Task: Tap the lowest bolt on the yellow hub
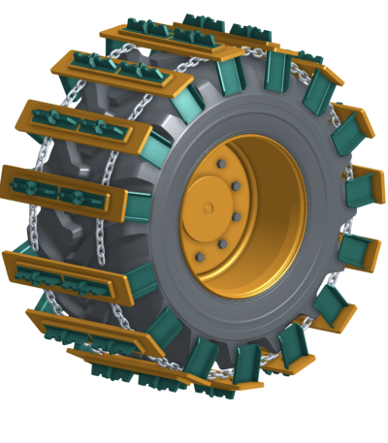200,258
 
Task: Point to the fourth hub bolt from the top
223,243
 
